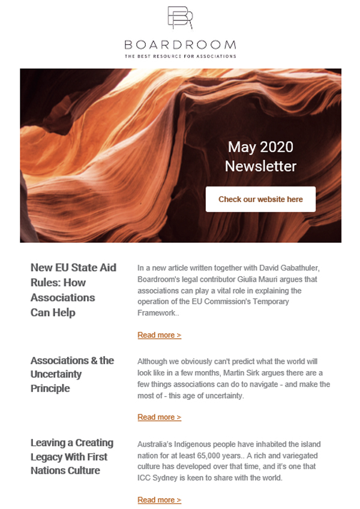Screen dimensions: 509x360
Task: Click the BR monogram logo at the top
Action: [180, 18]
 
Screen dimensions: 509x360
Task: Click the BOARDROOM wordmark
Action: [180, 45]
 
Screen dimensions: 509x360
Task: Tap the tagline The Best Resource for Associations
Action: [180, 56]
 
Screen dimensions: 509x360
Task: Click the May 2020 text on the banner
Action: [260, 147]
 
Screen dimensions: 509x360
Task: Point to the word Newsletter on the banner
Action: [260, 165]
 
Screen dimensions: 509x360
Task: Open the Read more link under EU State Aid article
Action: [159, 335]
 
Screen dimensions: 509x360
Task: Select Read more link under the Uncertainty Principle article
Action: [159, 417]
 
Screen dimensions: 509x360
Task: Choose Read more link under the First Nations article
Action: [159, 500]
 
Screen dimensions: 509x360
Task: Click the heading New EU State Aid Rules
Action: [73, 290]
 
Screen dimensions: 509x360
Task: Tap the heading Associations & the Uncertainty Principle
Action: [72, 374]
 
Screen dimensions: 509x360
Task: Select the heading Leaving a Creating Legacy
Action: [72, 456]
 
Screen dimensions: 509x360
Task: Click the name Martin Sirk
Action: [233, 373]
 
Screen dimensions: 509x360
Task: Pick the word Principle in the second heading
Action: [50, 388]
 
